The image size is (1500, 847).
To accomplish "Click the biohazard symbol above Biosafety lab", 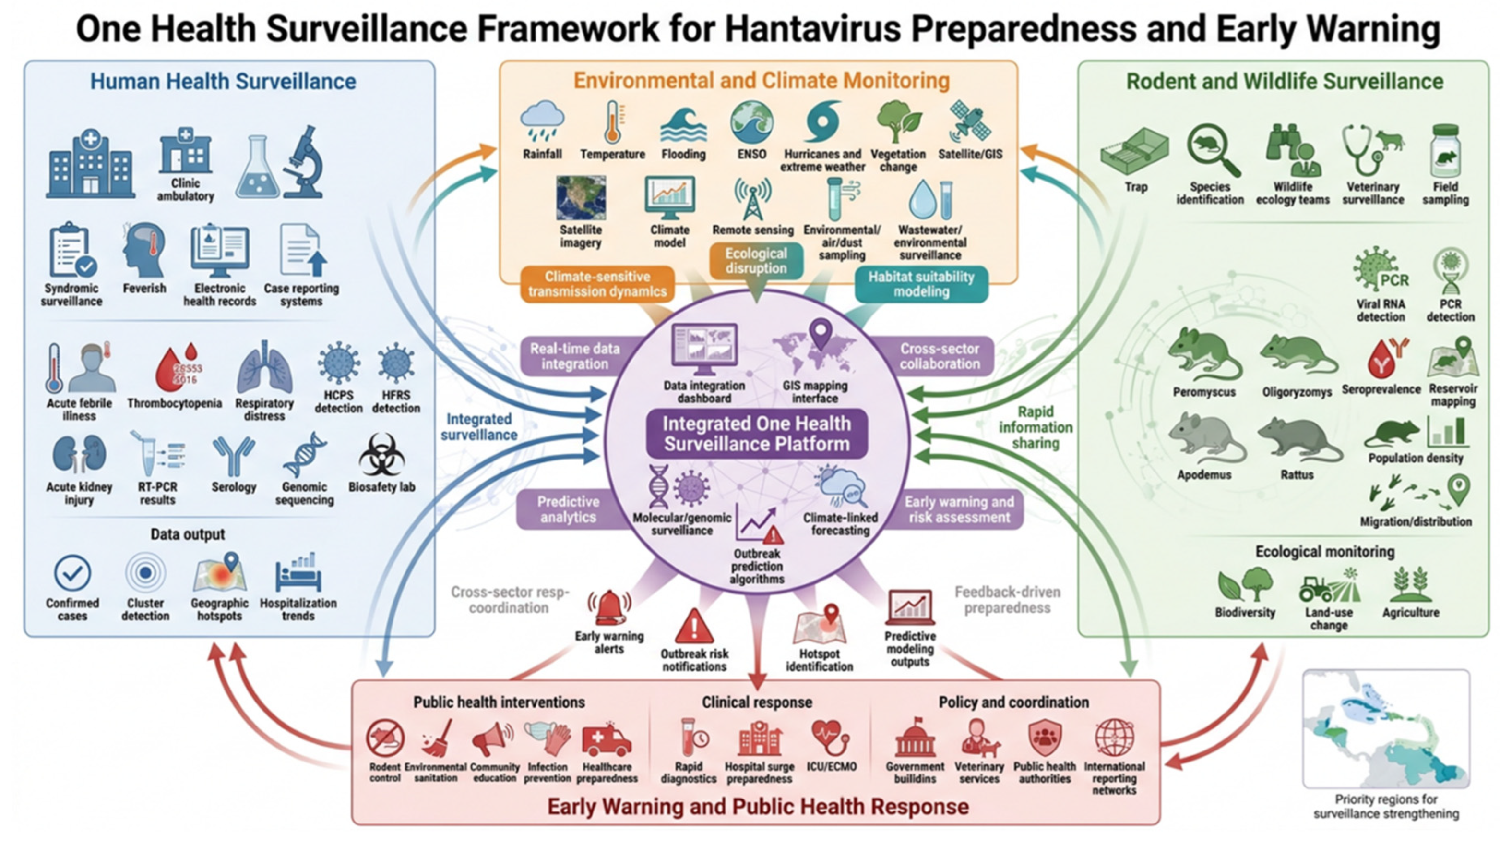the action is pos(381,454).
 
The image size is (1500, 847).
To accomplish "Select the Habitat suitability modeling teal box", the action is pos(921,284).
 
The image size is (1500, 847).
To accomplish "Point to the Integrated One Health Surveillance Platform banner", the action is pos(756,434).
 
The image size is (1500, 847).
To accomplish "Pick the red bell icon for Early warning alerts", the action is pos(609,607).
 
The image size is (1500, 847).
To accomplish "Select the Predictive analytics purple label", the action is pos(568,509).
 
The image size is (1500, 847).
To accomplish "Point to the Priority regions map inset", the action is pos(1386,728).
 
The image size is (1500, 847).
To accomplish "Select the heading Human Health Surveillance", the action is pos(223,82).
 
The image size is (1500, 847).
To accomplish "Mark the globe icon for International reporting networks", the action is pos(1114,738).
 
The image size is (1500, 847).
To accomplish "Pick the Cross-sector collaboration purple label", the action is pos(939,356).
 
